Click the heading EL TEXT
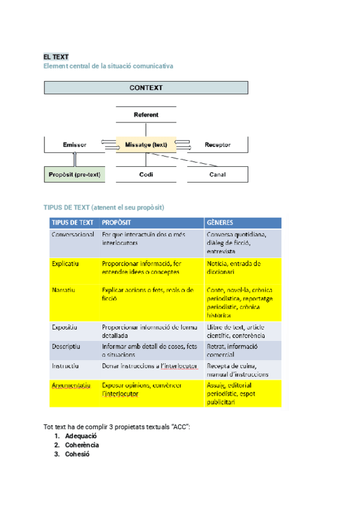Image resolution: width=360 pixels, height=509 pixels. pos(56,56)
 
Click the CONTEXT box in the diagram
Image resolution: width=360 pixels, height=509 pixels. pos(146,88)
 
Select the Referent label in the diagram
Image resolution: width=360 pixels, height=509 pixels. pos(146,115)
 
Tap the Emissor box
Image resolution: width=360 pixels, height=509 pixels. pos(75,145)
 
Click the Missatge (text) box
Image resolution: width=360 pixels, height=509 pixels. pos(146,145)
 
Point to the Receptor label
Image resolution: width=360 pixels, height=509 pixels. pos(217,145)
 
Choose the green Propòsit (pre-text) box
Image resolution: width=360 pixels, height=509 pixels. pos(74,175)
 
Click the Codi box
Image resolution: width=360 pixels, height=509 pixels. pos(146,175)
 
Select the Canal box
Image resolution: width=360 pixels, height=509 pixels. pos(217,175)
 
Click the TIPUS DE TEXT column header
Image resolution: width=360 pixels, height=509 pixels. pos(73,222)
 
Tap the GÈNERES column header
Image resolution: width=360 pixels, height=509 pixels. pos(220,222)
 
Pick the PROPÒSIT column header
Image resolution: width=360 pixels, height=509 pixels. pos(116,222)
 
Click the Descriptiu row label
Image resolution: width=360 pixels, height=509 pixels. pos(66,347)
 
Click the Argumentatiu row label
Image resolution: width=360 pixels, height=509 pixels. pos(71,385)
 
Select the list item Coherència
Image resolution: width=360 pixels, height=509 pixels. pos(82,445)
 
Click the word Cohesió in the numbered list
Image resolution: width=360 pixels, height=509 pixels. pos(77,454)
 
